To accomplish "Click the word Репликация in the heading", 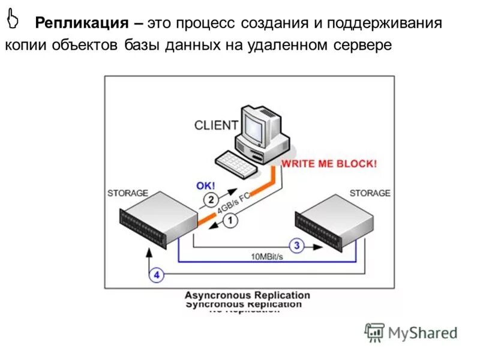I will point(81,23).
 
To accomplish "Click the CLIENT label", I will point(216,125).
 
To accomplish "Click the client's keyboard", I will point(236,163).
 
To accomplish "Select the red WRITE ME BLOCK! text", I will point(329,163).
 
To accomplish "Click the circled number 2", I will point(211,199).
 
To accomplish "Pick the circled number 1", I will point(231,220).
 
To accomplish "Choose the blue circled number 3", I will point(296,245).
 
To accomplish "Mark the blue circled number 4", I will point(156,275).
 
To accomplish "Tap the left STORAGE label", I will point(127,193).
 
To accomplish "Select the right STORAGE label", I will point(370,193).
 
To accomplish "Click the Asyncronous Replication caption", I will point(247,295).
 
